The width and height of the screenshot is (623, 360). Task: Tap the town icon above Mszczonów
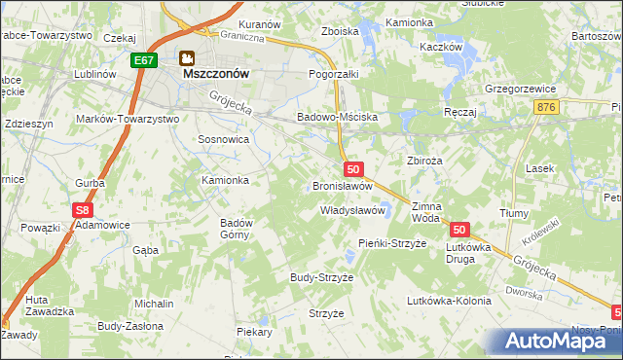tap(185, 57)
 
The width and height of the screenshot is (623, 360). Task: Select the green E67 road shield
tap(144, 60)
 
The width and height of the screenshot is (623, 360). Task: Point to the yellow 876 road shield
tap(546, 107)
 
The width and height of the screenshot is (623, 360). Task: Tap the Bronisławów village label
tap(343, 185)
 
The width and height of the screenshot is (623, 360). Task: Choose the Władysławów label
tap(354, 210)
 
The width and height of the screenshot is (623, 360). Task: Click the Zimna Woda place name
tap(426, 212)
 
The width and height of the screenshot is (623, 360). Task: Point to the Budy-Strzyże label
tap(321, 277)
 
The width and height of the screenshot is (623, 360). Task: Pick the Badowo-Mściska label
tap(345, 118)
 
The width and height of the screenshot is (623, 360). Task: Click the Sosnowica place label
tap(224, 139)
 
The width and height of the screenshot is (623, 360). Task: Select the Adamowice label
tap(103, 224)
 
